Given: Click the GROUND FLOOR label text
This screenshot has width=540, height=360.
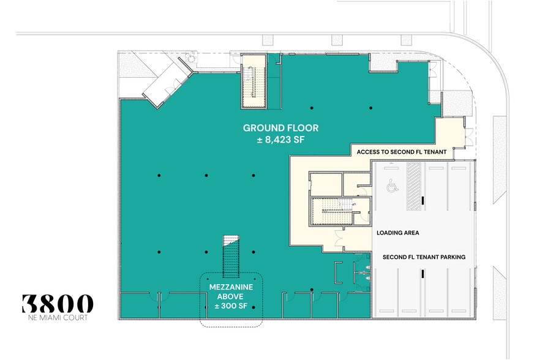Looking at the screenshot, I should click(x=281, y=128).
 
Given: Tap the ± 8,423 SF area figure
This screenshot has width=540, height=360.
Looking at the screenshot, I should click(x=281, y=140).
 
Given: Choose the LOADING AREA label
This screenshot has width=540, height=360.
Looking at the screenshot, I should click(x=397, y=233).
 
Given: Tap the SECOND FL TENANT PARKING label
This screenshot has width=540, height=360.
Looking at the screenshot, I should click(x=424, y=257).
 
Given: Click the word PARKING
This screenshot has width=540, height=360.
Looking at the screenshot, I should click(x=450, y=257).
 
